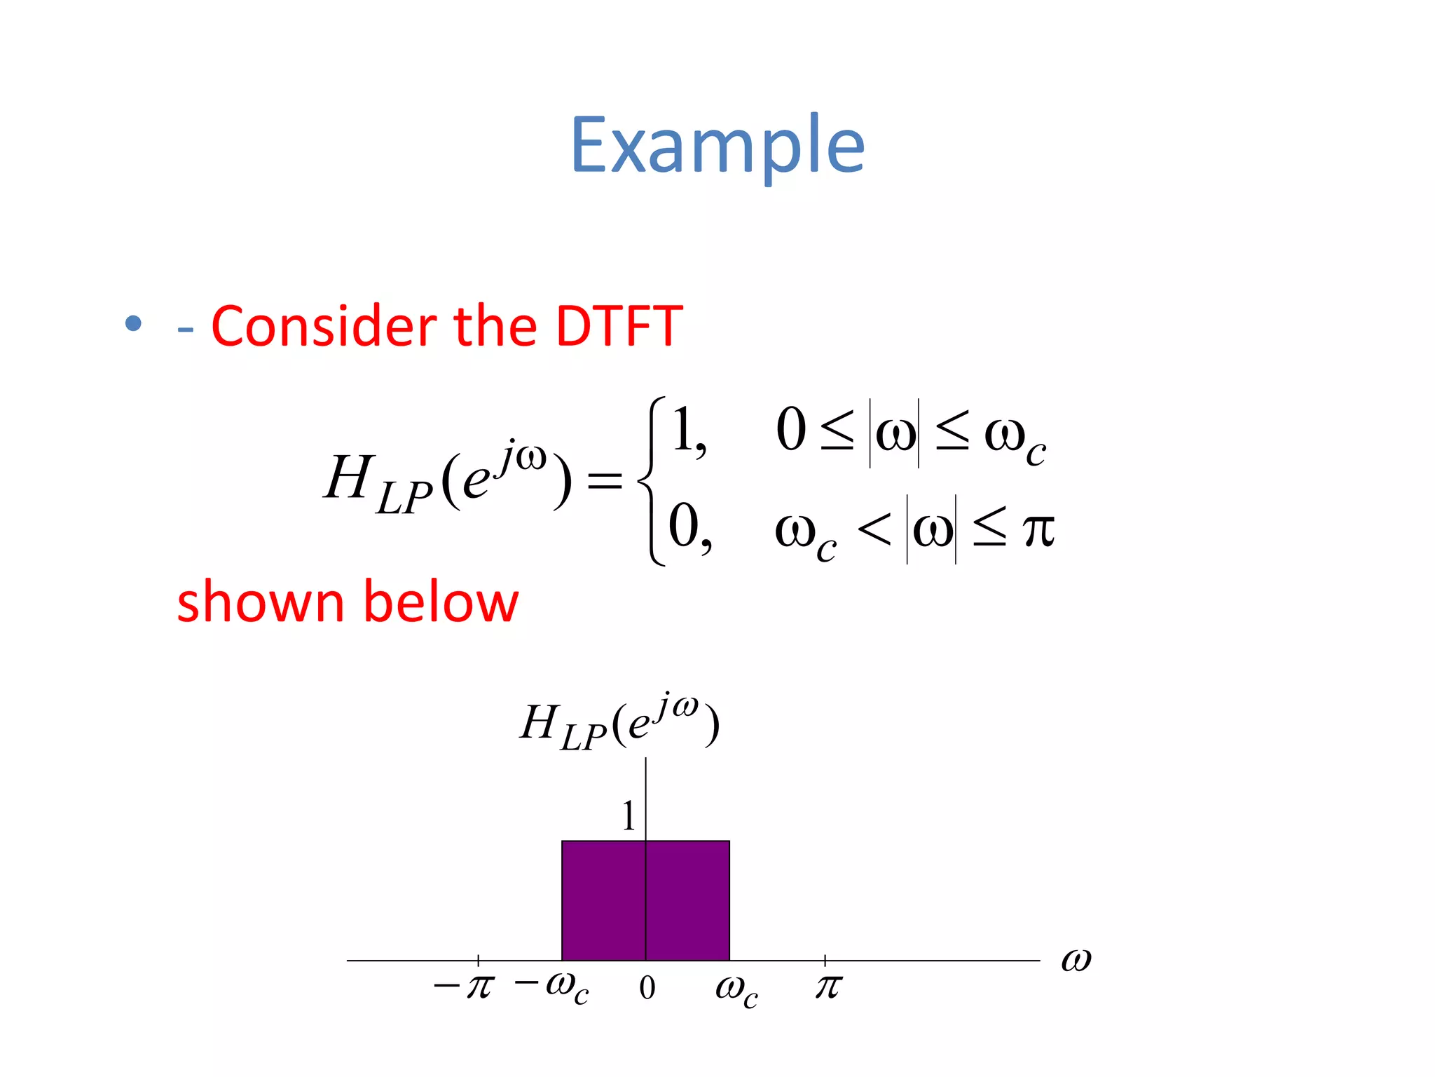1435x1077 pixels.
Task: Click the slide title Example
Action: pyautogui.click(x=717, y=146)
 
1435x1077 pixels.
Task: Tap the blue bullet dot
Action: pyautogui.click(x=133, y=324)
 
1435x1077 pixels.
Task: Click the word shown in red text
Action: pyautogui.click(x=260, y=602)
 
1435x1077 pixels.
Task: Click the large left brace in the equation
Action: pyautogui.click(x=652, y=481)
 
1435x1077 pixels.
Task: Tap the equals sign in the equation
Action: pyautogui.click(x=604, y=481)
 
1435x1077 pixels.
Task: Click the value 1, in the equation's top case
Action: pyautogui.click(x=688, y=430)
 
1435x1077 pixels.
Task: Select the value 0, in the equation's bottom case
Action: pyautogui.click(x=689, y=527)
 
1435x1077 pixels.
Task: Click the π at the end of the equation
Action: pyautogui.click(x=1038, y=531)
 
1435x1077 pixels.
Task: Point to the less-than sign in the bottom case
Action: pyautogui.click(x=874, y=529)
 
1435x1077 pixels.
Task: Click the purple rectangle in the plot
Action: pyautogui.click(x=687, y=900)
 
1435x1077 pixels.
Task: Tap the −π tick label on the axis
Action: pyautogui.click(x=465, y=987)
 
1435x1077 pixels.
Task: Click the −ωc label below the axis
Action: pyautogui.click(x=552, y=987)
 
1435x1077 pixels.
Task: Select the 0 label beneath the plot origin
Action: pyautogui.click(x=647, y=988)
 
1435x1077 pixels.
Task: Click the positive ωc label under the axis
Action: pyautogui.click(x=736, y=989)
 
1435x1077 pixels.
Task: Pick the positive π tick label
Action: pyautogui.click(x=828, y=987)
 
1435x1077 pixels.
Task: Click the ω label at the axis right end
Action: pyautogui.click(x=1076, y=959)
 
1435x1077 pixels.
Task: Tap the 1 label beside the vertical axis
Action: pyautogui.click(x=629, y=816)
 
